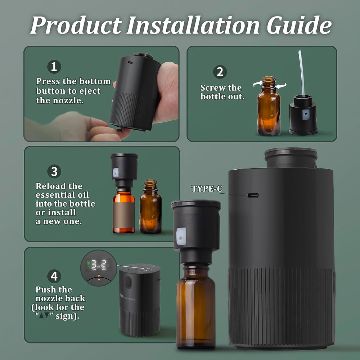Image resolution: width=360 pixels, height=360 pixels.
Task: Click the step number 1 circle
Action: (x=54, y=67)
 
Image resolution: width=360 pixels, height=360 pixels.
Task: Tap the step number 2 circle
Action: (x=220, y=72)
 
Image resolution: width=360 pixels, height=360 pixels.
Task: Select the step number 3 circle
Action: (x=54, y=171)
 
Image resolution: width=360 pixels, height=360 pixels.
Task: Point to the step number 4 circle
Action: (x=54, y=276)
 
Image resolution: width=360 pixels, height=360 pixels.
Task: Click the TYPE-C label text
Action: (x=207, y=189)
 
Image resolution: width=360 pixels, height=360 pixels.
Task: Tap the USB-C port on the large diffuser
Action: (x=253, y=195)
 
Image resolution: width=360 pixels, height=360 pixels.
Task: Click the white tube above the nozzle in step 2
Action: (x=301, y=72)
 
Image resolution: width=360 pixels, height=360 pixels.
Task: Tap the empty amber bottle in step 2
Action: (x=269, y=108)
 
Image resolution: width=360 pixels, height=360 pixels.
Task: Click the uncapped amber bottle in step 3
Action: (x=150, y=209)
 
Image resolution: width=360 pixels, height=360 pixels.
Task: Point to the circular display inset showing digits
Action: (x=98, y=268)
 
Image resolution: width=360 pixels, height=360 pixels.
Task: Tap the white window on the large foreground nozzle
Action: (x=181, y=236)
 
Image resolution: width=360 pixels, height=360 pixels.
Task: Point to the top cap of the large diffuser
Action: (x=291, y=157)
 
